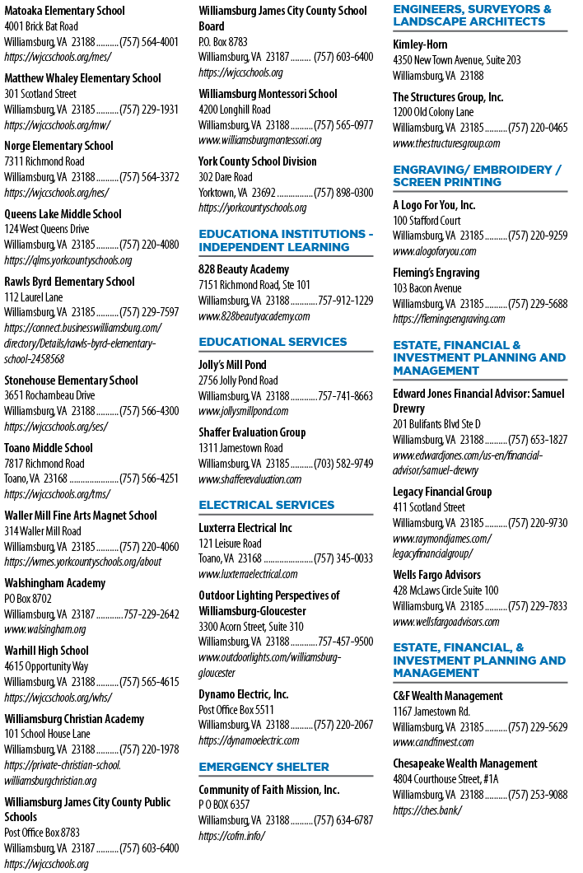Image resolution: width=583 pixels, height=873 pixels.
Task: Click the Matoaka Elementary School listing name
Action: [x=64, y=11]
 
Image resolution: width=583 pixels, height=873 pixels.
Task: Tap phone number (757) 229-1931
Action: [x=149, y=110]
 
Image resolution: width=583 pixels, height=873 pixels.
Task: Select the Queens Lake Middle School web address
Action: [x=68, y=260]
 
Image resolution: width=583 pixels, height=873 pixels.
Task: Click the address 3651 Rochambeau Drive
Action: [x=49, y=395]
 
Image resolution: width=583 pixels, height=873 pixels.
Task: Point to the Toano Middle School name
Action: [x=49, y=448]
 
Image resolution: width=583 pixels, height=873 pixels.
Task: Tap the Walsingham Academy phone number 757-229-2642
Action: [x=152, y=614]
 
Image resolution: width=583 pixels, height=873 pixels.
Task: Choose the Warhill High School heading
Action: [x=47, y=651]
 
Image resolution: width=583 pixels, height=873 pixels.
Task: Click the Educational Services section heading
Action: [x=273, y=342]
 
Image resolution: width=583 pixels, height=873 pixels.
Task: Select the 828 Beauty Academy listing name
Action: [x=244, y=269]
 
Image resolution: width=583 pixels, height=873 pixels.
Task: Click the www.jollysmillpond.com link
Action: [x=244, y=412]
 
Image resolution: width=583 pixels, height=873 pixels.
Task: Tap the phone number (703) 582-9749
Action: [x=343, y=464]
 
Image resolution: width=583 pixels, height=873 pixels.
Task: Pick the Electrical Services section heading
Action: [x=267, y=505]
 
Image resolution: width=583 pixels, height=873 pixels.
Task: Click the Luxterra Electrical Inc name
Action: [x=245, y=528]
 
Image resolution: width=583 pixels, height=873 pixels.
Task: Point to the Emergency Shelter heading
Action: [x=264, y=767]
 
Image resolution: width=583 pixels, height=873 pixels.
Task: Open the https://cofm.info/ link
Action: [x=231, y=836]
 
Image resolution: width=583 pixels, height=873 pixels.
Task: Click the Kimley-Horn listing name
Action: [x=420, y=44]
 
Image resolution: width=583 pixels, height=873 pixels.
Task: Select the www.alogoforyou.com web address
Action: [x=434, y=251]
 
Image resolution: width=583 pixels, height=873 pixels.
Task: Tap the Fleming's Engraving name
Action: [x=436, y=273]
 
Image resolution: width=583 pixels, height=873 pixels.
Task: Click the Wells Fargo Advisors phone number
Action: [x=538, y=606]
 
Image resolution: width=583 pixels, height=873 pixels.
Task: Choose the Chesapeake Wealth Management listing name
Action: [x=465, y=764]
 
